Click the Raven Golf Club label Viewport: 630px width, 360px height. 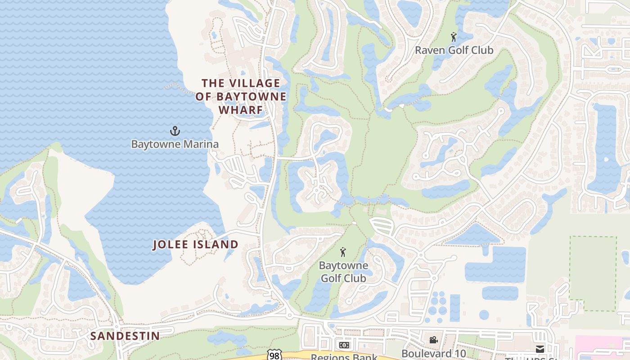[454, 50]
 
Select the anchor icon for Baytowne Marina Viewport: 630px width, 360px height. [175, 131]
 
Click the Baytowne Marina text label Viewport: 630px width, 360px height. [175, 144]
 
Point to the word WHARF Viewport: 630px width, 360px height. [240, 110]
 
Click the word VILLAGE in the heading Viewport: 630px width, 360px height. [255, 83]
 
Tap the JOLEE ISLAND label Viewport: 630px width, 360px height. [195, 245]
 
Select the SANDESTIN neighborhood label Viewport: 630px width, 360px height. [125, 336]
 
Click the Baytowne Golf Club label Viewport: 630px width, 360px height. [343, 272]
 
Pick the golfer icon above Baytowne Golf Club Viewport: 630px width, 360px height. [343, 252]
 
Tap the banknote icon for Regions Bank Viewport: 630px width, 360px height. [344, 345]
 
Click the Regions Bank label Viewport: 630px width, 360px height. [344, 357]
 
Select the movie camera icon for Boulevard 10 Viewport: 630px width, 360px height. [433, 340]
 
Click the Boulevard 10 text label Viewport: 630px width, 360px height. [433, 354]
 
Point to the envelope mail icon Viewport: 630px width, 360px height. [540, 349]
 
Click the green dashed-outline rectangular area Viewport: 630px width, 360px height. [593, 273]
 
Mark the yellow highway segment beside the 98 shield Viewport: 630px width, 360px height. [297, 356]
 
